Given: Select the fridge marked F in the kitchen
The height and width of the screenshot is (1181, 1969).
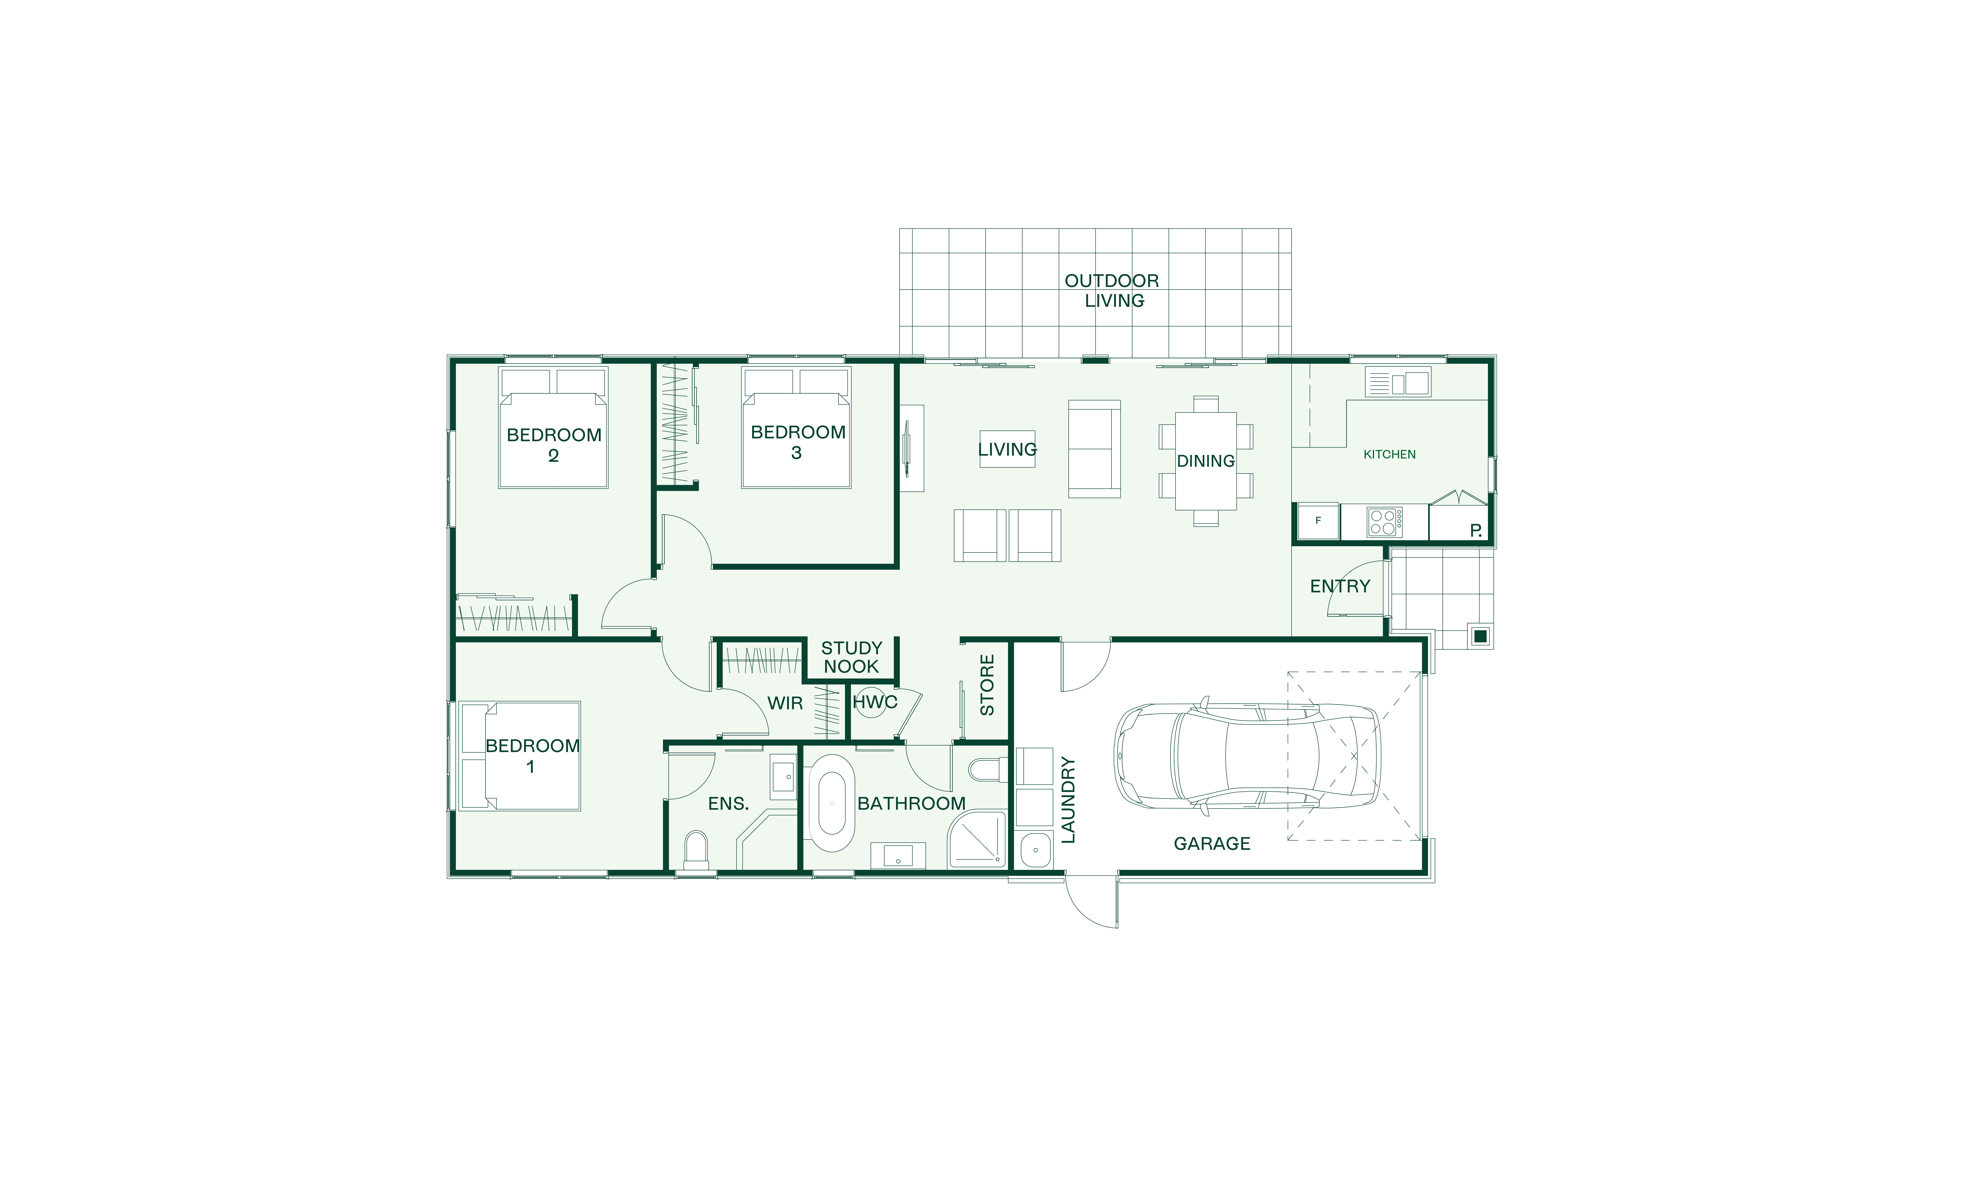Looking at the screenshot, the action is pos(1318,521).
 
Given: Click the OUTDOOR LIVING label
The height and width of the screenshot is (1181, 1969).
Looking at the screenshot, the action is pos(1113,291).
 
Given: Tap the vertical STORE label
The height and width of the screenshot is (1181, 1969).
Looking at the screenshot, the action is pos(987,685).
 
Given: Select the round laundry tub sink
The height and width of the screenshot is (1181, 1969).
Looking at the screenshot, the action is pos(1035,850).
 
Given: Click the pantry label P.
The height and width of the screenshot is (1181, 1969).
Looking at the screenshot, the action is pos(1476,530).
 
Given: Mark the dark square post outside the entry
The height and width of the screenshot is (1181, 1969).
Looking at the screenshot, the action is pos(1480,637).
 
